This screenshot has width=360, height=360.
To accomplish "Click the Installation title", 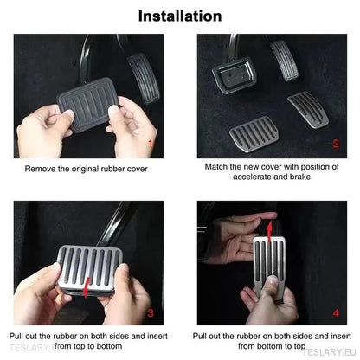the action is tap(180, 16).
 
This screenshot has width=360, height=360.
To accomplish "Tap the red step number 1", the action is tap(150, 144).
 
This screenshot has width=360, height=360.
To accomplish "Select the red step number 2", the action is tap(336, 144).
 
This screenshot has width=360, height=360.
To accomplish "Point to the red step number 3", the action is tap(151, 313).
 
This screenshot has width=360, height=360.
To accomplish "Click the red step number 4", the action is tap(336, 313).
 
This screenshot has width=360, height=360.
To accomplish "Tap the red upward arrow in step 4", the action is tap(269, 231).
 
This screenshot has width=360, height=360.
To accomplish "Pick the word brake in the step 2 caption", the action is tap(300, 177).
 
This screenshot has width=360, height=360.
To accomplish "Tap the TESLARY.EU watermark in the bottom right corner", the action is tap(329, 352).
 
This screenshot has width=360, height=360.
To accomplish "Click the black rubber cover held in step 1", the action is tap(87, 105).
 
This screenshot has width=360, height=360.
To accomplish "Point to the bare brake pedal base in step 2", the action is tap(235, 74).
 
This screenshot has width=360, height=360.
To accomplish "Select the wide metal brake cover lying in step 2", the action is tap(254, 134).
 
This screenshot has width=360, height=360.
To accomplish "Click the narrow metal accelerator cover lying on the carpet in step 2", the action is tap(307, 110).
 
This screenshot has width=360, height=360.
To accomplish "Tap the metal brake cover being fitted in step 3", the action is tap(90, 271).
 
